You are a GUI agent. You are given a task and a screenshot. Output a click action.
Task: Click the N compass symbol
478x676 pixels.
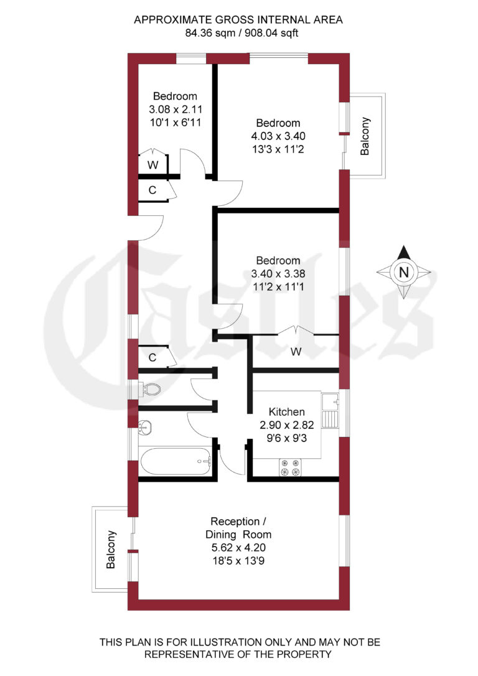404,272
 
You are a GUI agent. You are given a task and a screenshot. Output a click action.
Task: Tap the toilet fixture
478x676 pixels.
149,390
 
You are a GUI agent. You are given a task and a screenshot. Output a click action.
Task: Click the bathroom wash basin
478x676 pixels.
144,428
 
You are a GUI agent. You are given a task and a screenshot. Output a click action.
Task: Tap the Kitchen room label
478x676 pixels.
286,412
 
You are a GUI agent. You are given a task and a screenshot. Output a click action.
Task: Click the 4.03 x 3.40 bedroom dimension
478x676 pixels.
278,136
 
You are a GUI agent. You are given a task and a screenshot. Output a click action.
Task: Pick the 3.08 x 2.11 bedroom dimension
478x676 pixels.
175,109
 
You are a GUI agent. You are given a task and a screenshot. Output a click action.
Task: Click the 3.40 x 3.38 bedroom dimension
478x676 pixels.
278,273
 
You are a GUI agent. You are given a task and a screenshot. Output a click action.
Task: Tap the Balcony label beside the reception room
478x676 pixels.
111,549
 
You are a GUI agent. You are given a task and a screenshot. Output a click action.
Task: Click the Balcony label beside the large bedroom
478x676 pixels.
365,136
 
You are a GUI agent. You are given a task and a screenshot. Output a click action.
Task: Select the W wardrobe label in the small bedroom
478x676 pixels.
152,166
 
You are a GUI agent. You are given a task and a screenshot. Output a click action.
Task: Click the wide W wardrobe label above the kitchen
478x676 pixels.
296,352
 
